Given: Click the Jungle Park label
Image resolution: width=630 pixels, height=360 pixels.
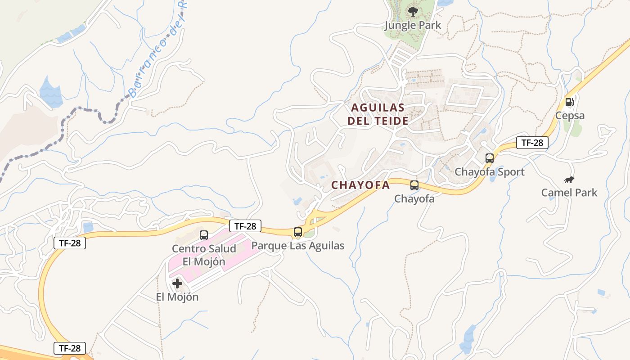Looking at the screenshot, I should [413, 25].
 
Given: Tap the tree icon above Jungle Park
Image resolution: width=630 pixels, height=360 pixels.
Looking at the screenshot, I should [413, 12].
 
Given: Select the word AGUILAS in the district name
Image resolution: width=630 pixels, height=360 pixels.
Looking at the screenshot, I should [378, 108].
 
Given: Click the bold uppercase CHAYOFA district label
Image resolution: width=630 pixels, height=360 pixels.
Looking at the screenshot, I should [360, 185].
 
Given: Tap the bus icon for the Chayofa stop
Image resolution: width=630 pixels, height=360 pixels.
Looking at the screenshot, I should [414, 185].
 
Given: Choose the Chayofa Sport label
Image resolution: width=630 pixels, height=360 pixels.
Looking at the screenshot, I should [489, 172].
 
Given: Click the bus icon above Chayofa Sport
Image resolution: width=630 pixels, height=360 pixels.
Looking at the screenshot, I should [490, 158].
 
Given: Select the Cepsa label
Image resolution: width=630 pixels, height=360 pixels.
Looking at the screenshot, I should [570, 116].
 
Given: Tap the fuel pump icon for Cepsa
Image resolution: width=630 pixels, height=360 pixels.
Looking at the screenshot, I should [570, 102].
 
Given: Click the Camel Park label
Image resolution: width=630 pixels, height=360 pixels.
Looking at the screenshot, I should [569, 193].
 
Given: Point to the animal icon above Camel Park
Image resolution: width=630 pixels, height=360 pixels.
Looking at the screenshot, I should [569, 180].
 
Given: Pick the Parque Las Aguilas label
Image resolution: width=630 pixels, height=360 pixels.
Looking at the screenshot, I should [297, 246].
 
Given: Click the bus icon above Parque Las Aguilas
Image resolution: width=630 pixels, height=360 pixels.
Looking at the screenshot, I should [297, 232].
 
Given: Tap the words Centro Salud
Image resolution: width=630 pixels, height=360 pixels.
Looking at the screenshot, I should [204, 249].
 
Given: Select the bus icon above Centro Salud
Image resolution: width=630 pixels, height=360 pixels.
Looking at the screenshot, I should [204, 235].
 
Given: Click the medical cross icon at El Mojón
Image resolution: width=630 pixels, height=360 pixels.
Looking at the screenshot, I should [177, 283].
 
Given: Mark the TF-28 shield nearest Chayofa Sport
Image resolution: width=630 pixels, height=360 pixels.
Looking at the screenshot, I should [532, 143].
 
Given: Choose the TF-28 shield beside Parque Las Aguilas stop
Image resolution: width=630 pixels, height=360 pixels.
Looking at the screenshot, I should [245, 226].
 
